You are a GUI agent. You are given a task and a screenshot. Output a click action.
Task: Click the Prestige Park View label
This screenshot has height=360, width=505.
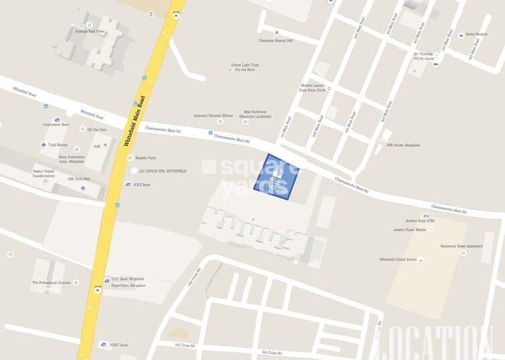point(90,31)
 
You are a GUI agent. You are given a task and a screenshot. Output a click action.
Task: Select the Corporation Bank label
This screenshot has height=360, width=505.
point(56,124)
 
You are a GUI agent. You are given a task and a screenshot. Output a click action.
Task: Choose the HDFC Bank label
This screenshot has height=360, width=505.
point(118,345)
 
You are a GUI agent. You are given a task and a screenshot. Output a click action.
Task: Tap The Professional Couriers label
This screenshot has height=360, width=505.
point(51,282)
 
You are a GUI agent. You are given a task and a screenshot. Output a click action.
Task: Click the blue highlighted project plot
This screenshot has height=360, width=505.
point(276,177)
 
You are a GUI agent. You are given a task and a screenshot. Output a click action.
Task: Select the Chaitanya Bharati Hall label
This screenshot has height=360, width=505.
point(276,40)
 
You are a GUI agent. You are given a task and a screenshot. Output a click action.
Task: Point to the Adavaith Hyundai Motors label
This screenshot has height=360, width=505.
point(213,115)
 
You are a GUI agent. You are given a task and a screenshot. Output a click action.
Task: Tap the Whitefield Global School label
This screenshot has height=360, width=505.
point(397,259)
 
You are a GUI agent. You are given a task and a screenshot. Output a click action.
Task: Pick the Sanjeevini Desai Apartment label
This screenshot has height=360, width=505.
point(461,246)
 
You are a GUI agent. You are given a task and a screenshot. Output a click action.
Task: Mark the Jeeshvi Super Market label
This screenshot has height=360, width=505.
point(409,230)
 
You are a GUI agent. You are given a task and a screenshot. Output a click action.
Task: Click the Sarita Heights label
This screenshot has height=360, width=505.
point(476,33)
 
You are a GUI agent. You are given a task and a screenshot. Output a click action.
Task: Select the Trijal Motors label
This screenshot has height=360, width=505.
point(58,145)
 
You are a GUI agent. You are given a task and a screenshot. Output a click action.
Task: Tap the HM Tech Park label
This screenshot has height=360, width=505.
point(78,179)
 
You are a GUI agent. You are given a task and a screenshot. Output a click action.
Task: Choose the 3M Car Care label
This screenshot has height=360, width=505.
point(97,129)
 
